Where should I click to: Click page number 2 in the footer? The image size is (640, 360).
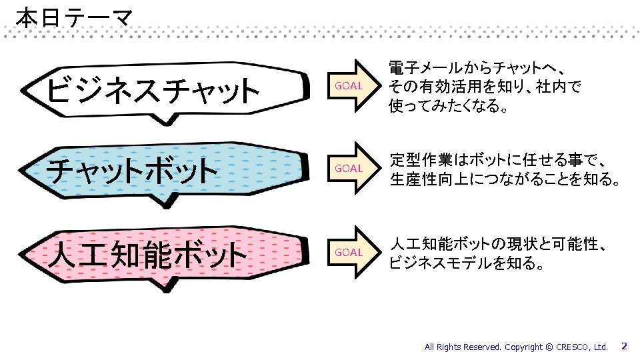pos(624,346)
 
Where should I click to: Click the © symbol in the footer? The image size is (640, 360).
pos(549,347)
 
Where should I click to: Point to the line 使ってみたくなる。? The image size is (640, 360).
pos(448,105)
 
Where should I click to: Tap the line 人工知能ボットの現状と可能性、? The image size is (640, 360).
pos(498,244)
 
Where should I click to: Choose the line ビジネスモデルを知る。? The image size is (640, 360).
pos(467,263)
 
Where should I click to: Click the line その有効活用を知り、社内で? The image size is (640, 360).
pos(485,87)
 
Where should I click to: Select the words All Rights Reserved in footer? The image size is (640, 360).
pos(463,347)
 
